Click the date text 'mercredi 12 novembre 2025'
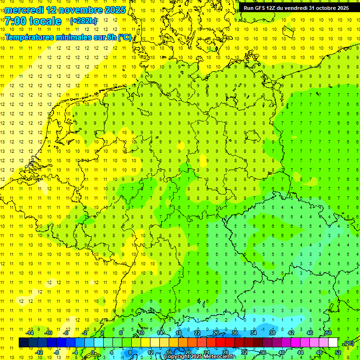tap(65, 10)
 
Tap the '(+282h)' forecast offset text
tap(83, 21)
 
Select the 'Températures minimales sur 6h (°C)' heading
tap(68, 37)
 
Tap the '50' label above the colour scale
tap(329, 332)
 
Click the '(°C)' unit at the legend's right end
tap(349, 343)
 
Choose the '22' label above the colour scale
tap(197, 332)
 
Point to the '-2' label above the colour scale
tap(85, 332)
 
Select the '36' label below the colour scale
tap(263, 352)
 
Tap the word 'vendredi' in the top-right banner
tap(295, 8)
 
